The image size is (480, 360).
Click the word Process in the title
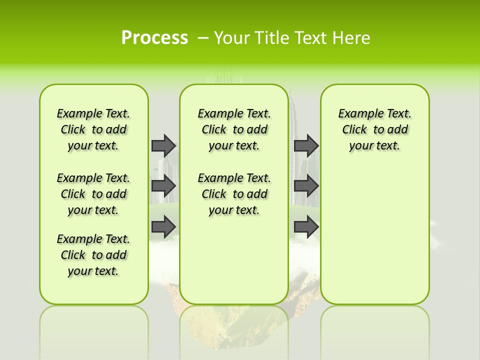(x=154, y=37)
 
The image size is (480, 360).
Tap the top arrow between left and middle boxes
(x=163, y=145)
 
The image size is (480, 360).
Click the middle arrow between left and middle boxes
(x=163, y=186)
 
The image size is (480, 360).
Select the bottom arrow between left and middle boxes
(x=163, y=227)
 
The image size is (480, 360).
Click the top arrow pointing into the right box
(x=306, y=145)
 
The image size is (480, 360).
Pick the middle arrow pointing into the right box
(x=306, y=186)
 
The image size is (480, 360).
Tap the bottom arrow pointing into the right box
(x=306, y=227)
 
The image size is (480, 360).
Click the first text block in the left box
(x=93, y=129)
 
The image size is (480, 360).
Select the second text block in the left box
(x=93, y=194)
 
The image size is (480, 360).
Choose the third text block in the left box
(x=93, y=255)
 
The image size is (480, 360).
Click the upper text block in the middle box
(x=234, y=129)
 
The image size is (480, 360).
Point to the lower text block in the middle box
(x=234, y=194)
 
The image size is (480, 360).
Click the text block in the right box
(x=374, y=129)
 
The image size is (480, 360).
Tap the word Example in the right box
(x=357, y=113)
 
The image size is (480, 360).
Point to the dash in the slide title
(x=203, y=38)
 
